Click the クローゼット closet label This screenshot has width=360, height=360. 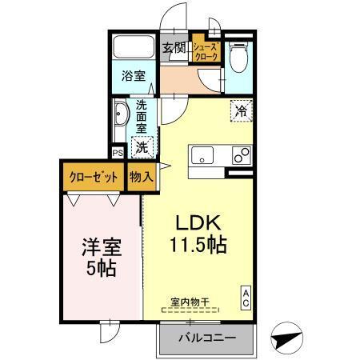tap(93, 177)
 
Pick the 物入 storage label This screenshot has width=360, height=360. tap(142, 177)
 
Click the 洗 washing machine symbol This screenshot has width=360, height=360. tap(142, 146)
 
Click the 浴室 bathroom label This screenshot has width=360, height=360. tap(133, 77)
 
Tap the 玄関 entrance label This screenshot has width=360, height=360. tap(175, 47)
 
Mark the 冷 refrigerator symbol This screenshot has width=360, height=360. tap(239, 112)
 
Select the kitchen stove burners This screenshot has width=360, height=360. tap(239, 155)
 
